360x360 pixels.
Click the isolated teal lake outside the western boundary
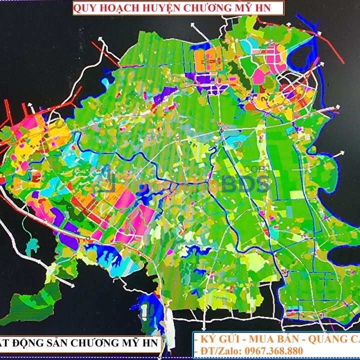point(32,247)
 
